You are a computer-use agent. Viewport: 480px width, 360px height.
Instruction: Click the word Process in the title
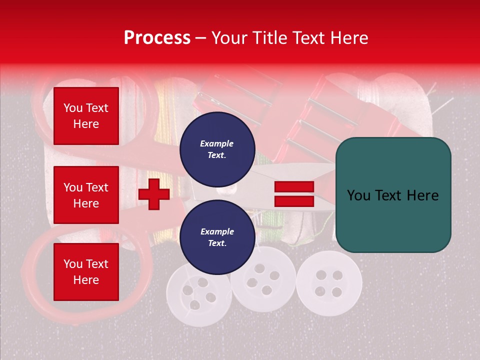pos(157,38)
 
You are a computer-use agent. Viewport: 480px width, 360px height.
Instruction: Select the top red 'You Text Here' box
pos(86,116)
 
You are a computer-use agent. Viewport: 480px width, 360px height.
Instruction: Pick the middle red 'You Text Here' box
pos(86,195)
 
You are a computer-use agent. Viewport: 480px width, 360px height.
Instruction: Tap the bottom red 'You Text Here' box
pos(86,272)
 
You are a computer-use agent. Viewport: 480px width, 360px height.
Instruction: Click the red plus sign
pos(154,194)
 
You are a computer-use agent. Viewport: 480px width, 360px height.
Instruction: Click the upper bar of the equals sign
pos(294,187)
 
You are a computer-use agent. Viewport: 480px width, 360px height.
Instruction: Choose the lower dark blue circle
pos(217,237)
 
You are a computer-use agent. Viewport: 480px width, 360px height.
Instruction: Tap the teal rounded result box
pos(393,195)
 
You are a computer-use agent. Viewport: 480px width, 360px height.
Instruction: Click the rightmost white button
pos(328,282)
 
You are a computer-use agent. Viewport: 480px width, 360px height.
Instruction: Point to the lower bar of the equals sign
pos(294,201)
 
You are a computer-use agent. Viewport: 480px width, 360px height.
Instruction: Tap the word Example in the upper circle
pos(217,143)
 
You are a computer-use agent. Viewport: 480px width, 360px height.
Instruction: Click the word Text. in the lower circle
pos(217,243)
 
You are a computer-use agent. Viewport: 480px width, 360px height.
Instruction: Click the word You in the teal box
pos(358,195)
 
